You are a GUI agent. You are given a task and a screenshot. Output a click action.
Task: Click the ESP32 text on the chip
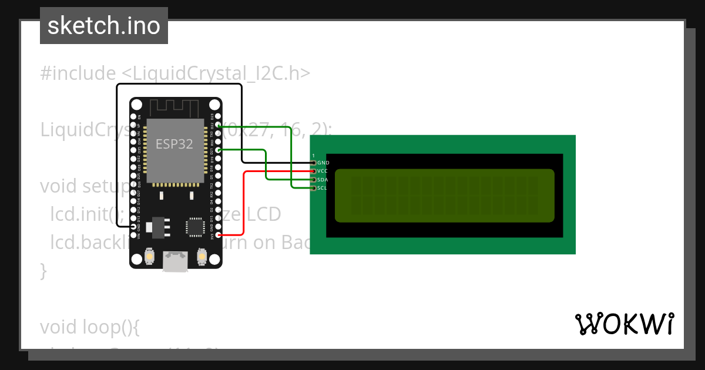(x=174, y=144)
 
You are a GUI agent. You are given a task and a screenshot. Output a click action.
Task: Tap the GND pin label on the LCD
(x=323, y=163)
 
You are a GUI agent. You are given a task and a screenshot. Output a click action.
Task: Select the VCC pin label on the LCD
(x=323, y=171)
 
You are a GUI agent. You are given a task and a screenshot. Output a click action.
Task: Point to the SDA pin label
(x=323, y=180)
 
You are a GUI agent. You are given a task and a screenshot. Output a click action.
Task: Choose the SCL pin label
(x=322, y=188)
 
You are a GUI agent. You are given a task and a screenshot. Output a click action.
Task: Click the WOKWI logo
(x=624, y=324)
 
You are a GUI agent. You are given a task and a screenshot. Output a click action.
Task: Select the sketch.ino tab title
(x=104, y=26)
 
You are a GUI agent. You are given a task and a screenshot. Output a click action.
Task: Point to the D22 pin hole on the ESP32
(x=219, y=125)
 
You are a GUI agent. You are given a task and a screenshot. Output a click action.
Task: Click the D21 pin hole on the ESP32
(x=219, y=150)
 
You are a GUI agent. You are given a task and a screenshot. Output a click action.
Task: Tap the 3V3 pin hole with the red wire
(x=219, y=235)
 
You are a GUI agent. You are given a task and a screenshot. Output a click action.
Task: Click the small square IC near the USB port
(x=194, y=227)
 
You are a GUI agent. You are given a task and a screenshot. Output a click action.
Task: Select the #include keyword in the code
(x=78, y=73)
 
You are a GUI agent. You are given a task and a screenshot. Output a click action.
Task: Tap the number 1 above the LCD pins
(x=314, y=155)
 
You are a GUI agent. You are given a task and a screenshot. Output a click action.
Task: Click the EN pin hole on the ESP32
(x=134, y=117)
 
